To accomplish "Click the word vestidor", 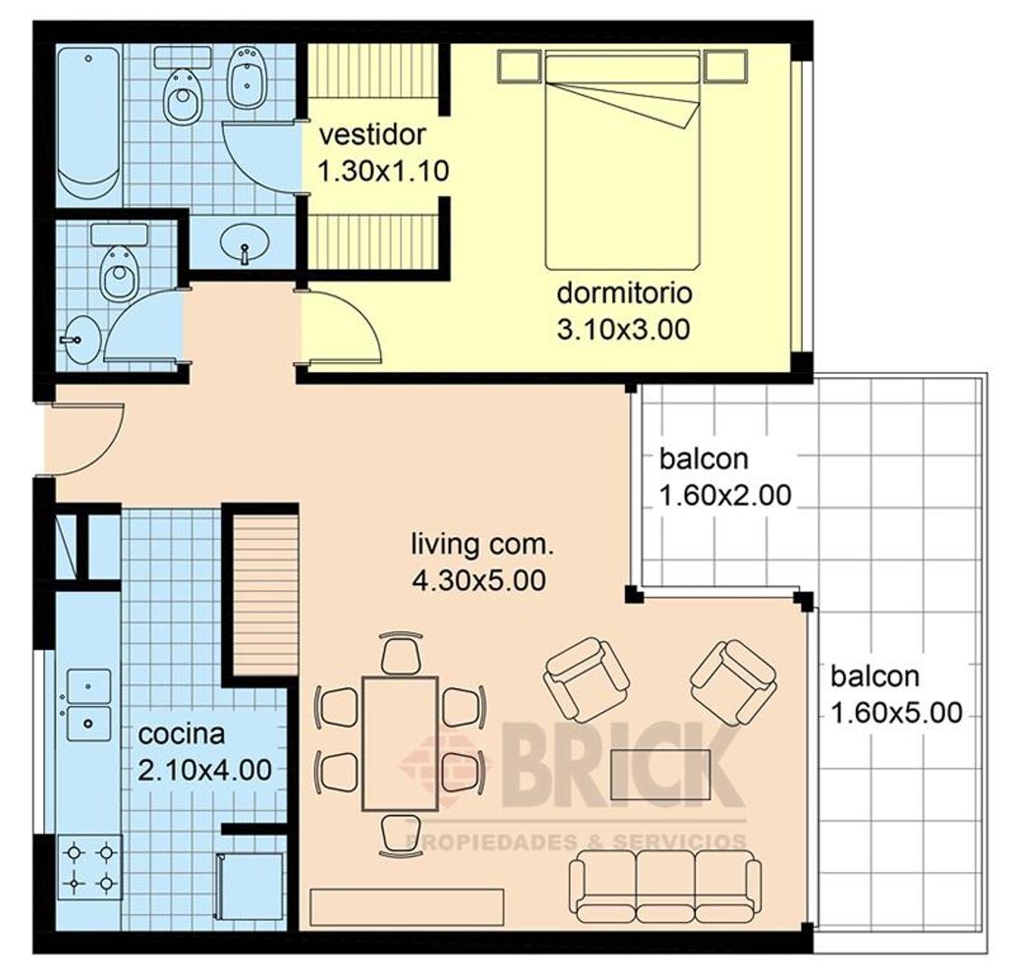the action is click(372, 135).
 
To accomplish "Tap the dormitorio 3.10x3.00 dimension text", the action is click(624, 330).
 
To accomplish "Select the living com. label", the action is click(482, 543).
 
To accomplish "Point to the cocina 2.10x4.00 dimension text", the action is click(205, 770).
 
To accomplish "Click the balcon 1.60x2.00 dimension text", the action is click(726, 496).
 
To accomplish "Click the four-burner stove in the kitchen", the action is click(90, 868).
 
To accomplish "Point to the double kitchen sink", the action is click(88, 704).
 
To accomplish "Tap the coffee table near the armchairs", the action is click(660, 774).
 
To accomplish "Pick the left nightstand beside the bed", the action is click(519, 67).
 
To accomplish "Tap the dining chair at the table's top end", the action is click(401, 654).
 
